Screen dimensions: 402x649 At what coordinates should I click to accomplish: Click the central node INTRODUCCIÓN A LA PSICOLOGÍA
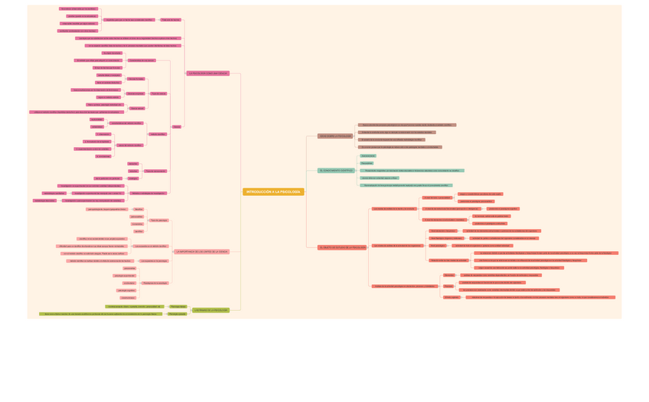[x=273, y=191]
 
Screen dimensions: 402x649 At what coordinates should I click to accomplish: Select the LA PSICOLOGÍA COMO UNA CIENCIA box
[x=208, y=74]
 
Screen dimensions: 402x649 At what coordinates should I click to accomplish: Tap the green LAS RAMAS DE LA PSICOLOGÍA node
[x=210, y=310]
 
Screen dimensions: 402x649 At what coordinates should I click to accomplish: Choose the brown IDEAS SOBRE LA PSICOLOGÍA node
[x=335, y=136]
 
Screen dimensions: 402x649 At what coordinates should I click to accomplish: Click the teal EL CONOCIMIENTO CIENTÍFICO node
[x=336, y=171]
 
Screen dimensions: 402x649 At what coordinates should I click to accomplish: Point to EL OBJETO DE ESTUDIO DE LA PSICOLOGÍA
[x=342, y=247]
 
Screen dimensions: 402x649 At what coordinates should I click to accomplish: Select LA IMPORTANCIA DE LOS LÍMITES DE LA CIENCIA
[x=201, y=251]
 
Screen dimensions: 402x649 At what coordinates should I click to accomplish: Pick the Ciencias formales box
[x=135, y=79]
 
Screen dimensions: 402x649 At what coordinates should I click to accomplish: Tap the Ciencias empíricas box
[x=135, y=93]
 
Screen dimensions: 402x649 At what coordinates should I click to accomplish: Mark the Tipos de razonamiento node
[x=155, y=171]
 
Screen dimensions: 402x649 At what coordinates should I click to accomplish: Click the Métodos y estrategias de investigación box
[x=148, y=193]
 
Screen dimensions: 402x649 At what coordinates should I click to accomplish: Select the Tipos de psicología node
[x=159, y=220]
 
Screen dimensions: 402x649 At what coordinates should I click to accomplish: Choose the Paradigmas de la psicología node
[x=155, y=283]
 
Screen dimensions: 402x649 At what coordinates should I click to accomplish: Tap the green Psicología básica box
[x=178, y=306]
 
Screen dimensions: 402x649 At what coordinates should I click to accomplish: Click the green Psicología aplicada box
[x=177, y=314]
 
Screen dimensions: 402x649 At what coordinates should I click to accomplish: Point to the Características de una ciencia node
[x=142, y=60]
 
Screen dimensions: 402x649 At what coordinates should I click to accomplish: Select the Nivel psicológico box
[x=437, y=246]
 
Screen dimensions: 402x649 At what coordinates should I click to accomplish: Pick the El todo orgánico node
[x=452, y=297]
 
